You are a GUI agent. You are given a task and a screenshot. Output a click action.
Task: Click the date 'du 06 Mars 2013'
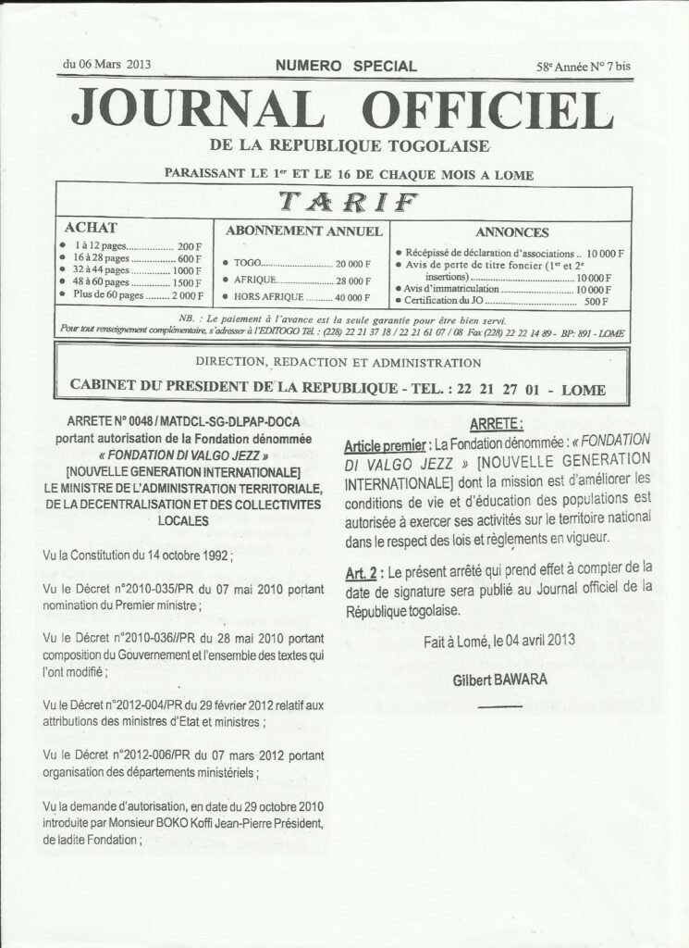coord(107,65)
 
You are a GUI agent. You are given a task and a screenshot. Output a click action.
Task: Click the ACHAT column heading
coord(88,227)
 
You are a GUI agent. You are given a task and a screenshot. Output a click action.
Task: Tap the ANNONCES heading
coord(511,232)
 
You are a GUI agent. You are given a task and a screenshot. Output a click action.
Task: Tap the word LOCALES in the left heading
coord(181,520)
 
